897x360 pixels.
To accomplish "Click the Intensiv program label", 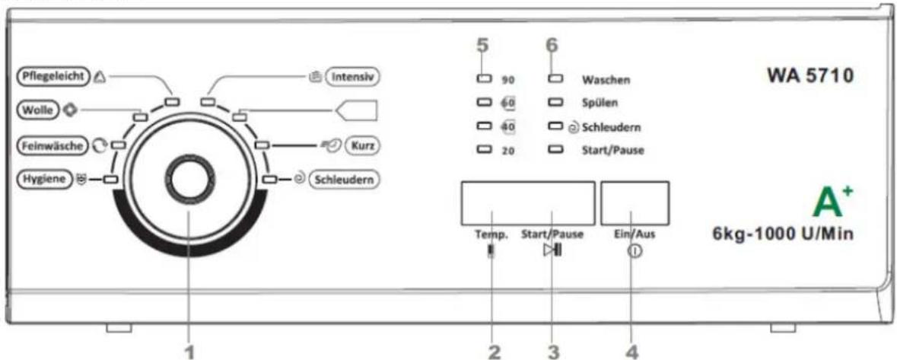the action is (x=353, y=76).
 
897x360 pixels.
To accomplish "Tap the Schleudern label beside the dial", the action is (x=345, y=179).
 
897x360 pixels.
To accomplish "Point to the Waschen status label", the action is (x=606, y=80).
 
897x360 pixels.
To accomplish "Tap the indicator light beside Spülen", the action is (x=555, y=103).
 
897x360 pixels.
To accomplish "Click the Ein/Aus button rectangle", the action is (x=635, y=204).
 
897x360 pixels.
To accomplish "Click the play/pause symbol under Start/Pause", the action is (x=552, y=250).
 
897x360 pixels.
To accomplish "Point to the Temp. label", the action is (x=488, y=234).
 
